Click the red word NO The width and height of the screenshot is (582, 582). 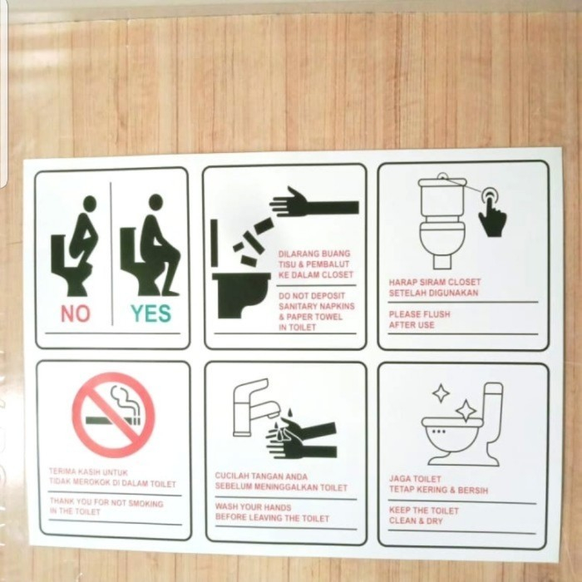(75, 313)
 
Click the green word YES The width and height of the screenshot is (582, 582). (150, 313)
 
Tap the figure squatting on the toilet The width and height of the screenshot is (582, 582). (76, 249)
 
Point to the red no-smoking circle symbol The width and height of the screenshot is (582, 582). (113, 415)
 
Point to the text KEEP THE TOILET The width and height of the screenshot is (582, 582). (423, 510)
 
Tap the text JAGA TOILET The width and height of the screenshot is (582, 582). (417, 478)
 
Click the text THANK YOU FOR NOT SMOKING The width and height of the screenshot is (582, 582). (106, 503)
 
